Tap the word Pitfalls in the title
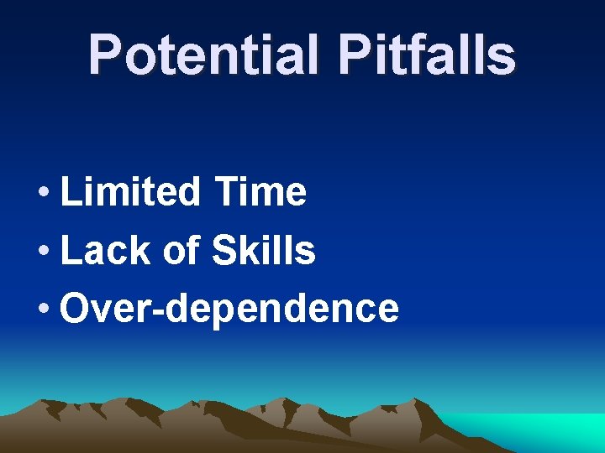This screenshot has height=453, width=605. click(x=427, y=55)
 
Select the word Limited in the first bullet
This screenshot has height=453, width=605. click(x=130, y=192)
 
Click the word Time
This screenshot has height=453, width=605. click(x=260, y=192)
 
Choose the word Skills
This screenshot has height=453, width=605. click(x=264, y=250)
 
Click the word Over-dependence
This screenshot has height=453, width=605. click(x=229, y=309)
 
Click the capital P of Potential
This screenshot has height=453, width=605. click(x=104, y=55)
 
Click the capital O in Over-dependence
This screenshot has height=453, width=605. click(x=76, y=308)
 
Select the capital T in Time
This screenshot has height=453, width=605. click(x=226, y=192)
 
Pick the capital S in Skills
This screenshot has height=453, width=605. click(x=224, y=250)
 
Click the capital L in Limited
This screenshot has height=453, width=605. click(x=69, y=192)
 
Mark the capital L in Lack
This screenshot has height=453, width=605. click(x=69, y=250)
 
